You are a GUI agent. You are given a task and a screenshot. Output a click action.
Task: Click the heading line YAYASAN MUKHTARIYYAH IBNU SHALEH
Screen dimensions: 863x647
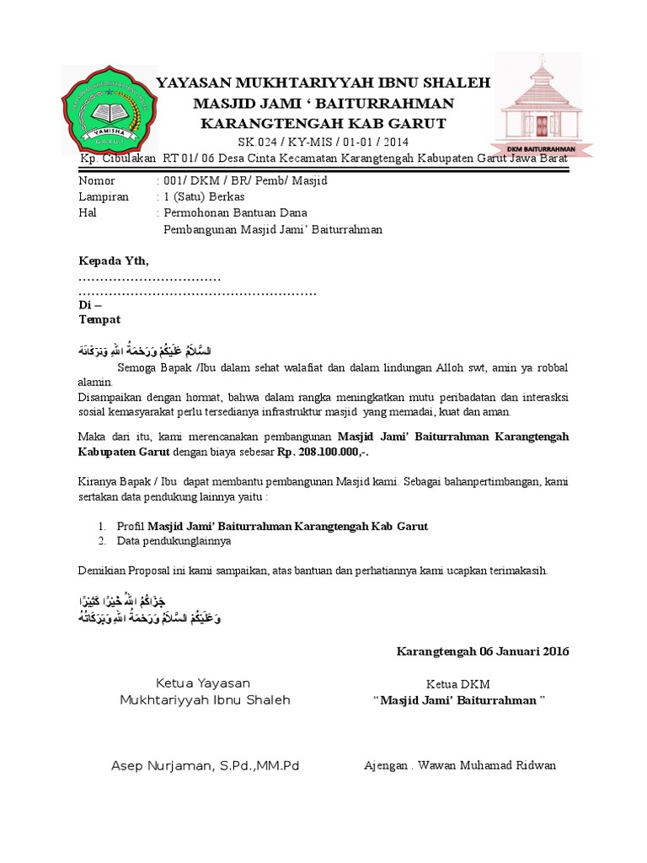pos(324,83)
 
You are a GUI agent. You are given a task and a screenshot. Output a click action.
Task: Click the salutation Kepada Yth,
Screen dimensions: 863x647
pos(113,260)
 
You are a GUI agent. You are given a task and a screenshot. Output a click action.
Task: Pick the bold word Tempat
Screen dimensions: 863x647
pos(99,319)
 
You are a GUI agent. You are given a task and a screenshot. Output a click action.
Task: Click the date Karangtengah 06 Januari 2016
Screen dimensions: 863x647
pos(483,651)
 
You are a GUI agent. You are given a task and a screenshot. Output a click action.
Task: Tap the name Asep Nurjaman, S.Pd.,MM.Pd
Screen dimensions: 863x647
pos(206,765)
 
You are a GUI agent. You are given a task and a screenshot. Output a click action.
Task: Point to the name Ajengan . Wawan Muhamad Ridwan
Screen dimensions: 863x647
pos(460,765)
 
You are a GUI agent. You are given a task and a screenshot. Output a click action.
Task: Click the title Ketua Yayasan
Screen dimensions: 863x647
pos(203,683)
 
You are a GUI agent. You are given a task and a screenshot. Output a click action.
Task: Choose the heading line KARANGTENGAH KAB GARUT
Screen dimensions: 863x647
pos(324,123)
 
